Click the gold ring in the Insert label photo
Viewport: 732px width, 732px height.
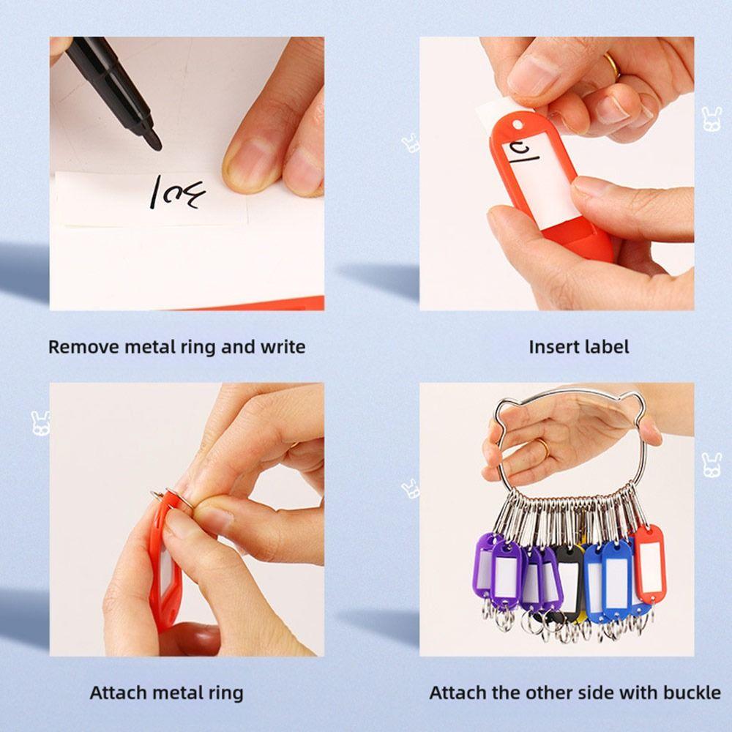click(x=611, y=66)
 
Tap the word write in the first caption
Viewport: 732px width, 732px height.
click(x=283, y=346)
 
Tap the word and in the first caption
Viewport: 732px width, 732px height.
click(x=236, y=346)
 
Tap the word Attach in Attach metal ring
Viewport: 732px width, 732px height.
click(x=118, y=692)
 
